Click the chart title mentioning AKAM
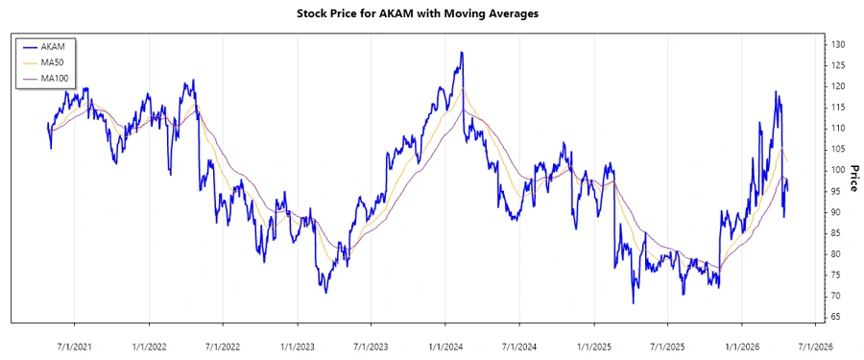point(430,15)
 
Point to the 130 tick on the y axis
point(838,45)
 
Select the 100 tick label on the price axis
point(838,170)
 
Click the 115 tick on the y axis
point(838,108)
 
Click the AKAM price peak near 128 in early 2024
point(462,53)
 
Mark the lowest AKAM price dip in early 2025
point(633,302)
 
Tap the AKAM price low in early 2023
point(325,292)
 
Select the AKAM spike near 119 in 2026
point(776,92)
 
